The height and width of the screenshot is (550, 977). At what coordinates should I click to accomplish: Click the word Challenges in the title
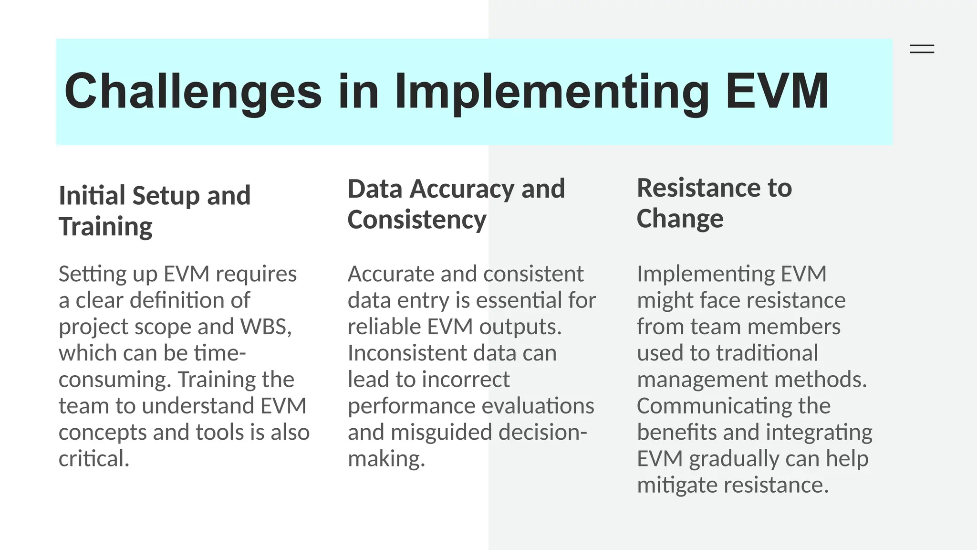[x=193, y=92]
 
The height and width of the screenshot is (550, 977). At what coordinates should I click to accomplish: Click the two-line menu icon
[x=922, y=49]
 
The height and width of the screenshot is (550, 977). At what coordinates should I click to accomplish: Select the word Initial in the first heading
[x=92, y=196]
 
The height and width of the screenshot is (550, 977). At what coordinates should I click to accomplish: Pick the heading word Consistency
[x=416, y=220]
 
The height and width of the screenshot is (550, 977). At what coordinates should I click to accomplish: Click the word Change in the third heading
[x=679, y=219]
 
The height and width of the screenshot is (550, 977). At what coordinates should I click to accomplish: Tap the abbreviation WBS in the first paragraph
[x=265, y=327]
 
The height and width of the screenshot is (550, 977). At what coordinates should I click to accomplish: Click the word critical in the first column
[x=94, y=459]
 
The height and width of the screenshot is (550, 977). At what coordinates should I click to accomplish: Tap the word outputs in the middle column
[x=520, y=327]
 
